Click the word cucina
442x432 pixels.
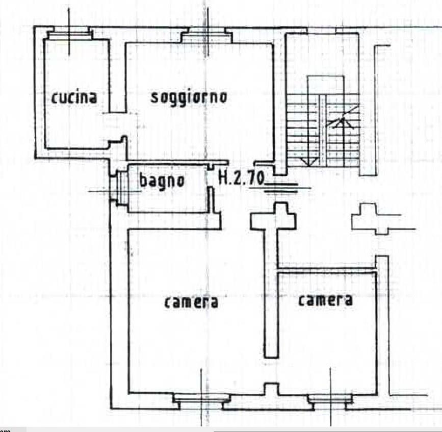(74, 97)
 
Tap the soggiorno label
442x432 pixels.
(189, 98)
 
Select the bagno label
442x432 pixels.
(162, 181)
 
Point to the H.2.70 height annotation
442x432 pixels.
(242, 179)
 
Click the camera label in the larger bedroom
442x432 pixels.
(191, 302)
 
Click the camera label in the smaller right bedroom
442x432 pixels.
(326, 300)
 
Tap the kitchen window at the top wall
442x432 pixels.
(70, 34)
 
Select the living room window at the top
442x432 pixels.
(206, 35)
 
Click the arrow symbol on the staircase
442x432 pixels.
(342, 118)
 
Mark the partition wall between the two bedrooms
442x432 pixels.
(271, 293)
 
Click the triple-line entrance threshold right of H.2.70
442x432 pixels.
(282, 188)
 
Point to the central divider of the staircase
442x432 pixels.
(322, 130)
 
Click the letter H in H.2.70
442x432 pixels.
(223, 179)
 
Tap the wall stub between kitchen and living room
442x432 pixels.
(118, 76)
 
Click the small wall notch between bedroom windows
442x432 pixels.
(271, 389)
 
